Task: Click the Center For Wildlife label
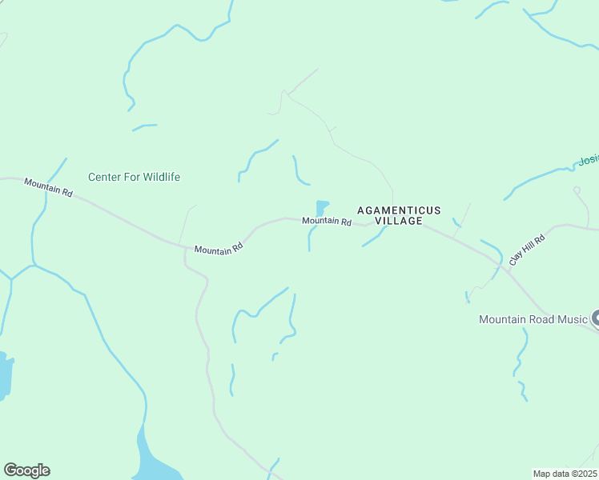[x=134, y=177]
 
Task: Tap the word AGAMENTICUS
[x=399, y=210]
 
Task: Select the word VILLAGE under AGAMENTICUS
[x=399, y=221]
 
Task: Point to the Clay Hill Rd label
[x=527, y=250]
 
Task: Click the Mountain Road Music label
[x=533, y=319]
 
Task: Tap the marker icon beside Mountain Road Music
[x=596, y=319]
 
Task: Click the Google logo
[x=26, y=470]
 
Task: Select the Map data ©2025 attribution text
[x=565, y=474]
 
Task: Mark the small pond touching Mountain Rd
[x=322, y=208]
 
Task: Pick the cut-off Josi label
[x=589, y=160]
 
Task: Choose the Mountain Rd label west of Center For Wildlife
[x=48, y=188]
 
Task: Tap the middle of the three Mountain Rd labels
[x=219, y=250]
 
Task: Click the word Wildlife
[x=161, y=177]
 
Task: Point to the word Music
[x=573, y=319]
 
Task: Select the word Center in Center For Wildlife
[x=104, y=177]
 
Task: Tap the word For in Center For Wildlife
[x=132, y=177]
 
